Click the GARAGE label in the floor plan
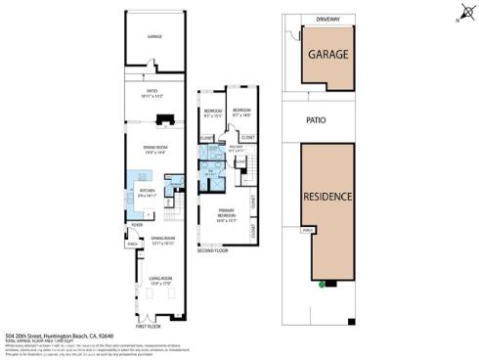(x=154, y=36)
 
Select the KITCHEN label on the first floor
(x=148, y=192)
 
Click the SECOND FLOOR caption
(x=213, y=251)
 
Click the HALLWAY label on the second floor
(x=236, y=150)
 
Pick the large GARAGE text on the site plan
(x=332, y=56)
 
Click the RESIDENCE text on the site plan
(x=327, y=196)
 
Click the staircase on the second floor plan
(x=248, y=177)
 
